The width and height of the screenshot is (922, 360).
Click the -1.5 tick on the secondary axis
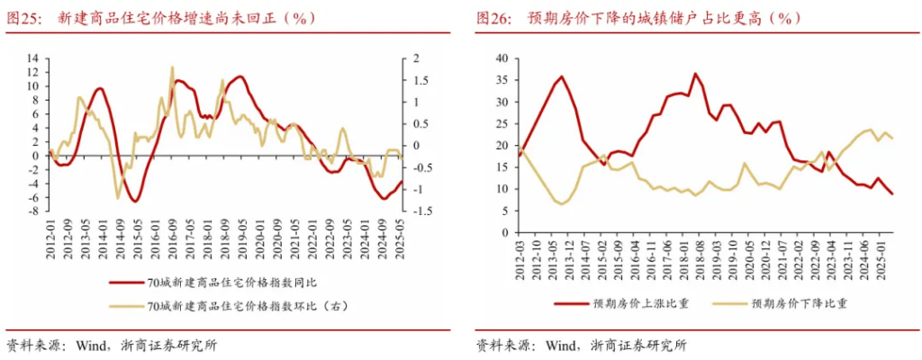tap(420, 211)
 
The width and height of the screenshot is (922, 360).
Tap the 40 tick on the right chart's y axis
tap(502, 58)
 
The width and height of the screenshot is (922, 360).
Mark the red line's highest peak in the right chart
tap(695, 74)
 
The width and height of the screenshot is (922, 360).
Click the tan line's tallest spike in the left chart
tap(171, 67)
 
